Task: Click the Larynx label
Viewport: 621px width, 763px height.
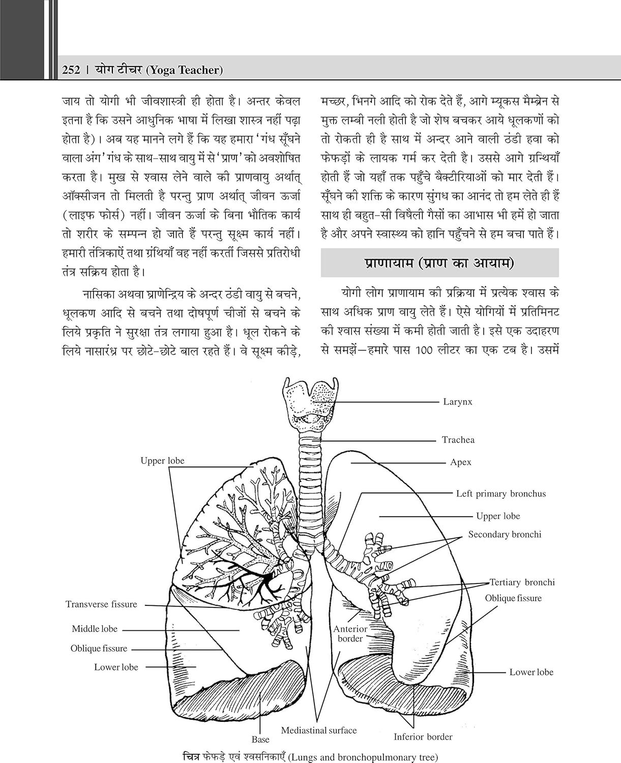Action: point(458,402)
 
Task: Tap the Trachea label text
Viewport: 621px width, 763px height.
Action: point(458,440)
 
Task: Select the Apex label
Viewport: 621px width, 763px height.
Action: point(461,462)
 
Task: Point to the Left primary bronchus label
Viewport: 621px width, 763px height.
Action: point(500,493)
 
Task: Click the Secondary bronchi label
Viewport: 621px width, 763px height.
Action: point(505,535)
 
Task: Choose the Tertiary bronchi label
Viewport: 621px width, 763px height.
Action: point(522,582)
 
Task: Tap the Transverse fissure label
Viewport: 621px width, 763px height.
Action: point(101,604)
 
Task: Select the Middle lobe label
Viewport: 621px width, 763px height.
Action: point(95,629)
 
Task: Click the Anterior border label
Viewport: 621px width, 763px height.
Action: point(350,634)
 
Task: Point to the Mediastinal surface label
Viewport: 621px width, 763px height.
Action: point(319,730)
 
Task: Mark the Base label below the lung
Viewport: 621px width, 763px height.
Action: point(260,740)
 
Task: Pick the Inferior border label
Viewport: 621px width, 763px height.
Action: point(423,737)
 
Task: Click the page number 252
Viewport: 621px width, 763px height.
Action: point(71,70)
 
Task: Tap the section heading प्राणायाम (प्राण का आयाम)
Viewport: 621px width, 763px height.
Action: point(439,263)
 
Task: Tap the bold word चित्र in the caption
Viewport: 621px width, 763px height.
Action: point(193,757)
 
